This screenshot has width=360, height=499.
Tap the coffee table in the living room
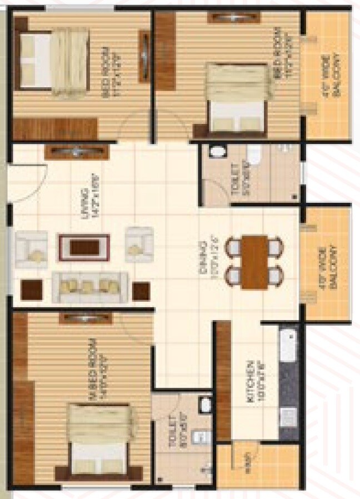click(84, 247)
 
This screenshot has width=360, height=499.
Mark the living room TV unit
click(75, 151)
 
